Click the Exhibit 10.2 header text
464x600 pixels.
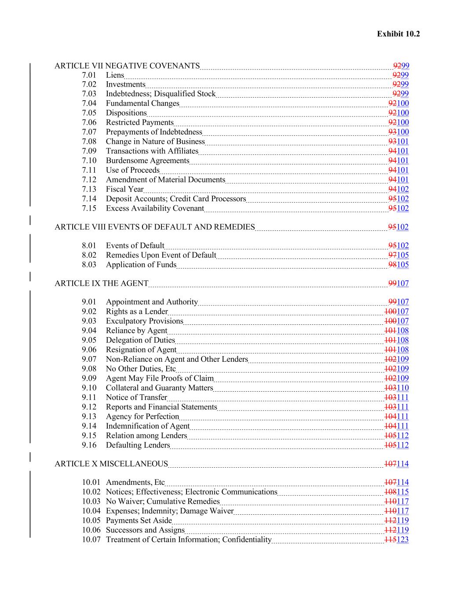pyautogui.click(x=398, y=34)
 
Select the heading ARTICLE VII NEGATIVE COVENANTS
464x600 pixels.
pyautogui.click(x=127, y=66)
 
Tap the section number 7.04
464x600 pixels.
pyautogui.click(x=89, y=103)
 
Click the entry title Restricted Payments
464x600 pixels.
pyautogui.click(x=139, y=123)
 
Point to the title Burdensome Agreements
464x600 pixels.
pyautogui.click(x=147, y=161)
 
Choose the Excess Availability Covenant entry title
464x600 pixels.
pyautogui.click(x=155, y=208)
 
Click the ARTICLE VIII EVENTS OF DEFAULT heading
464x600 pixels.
pyautogui.click(x=154, y=227)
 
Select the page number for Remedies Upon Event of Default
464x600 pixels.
pyautogui.click(x=402, y=255)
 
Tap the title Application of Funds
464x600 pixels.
pyautogui.click(x=141, y=265)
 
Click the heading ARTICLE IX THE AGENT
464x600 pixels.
pyautogui.click(x=101, y=284)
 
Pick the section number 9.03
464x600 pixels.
pyautogui.click(x=89, y=321)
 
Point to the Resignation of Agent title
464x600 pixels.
pyautogui.click(x=141, y=350)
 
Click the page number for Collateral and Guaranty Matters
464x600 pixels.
pyautogui.click(x=402, y=388)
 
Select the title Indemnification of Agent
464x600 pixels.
pyautogui.click(x=147, y=426)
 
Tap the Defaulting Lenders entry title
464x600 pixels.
pyautogui.click(x=138, y=445)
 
